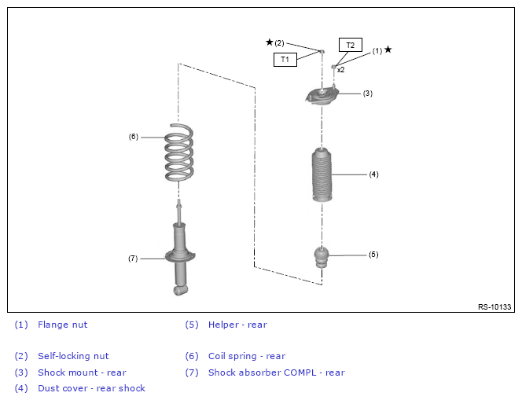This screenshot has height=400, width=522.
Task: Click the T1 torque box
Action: (285, 60)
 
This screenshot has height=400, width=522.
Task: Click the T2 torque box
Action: (350, 45)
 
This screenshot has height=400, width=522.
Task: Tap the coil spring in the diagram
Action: (179, 152)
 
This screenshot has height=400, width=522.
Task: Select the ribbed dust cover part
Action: (322, 175)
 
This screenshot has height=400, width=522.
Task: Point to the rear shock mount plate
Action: (322, 97)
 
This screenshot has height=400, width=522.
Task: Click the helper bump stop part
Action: (322, 257)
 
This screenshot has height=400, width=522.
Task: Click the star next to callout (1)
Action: (388, 50)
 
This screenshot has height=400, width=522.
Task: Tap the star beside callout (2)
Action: (270, 42)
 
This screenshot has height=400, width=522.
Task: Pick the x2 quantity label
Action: (340, 70)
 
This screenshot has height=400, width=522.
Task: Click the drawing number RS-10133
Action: (494, 306)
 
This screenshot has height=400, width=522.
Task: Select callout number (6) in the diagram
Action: (134, 137)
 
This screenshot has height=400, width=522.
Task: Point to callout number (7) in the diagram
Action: (133, 259)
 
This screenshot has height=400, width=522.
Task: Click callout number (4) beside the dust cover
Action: (374, 174)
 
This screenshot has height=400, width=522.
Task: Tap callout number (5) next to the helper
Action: (373, 255)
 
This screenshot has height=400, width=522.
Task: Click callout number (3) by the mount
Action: (368, 94)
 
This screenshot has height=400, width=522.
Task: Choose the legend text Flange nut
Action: (63, 325)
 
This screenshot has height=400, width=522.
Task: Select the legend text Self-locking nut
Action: (73, 356)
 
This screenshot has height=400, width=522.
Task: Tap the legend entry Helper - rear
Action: (237, 325)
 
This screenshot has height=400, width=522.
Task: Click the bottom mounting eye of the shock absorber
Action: (180, 290)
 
